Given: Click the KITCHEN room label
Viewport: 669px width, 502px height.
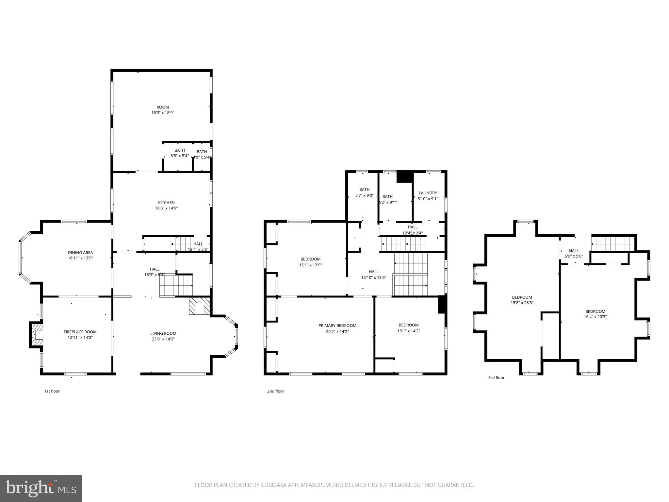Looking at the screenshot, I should pos(166,203).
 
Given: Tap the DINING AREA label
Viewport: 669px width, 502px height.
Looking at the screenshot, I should pos(80,253).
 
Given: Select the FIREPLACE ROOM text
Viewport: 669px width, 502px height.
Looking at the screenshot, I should pos(80,332).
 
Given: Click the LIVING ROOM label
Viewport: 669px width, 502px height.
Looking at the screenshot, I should pos(163,333).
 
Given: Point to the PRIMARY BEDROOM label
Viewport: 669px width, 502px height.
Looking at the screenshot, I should pos(337,326).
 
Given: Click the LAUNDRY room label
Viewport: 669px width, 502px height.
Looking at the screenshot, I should pos(428,193).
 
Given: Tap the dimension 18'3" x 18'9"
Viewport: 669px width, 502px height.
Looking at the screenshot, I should pos(163,113).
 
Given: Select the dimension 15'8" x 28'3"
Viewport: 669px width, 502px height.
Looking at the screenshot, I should pos(522,303).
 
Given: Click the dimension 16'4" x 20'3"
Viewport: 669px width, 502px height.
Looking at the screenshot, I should pos(595,317).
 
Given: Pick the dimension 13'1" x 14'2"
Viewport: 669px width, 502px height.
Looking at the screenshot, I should pos(408,331).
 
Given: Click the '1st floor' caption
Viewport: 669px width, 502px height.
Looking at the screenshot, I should pos(52,391).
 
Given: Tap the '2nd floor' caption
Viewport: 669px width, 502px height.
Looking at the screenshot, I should pos(275,391).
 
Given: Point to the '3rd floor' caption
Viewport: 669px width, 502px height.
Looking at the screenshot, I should pos(496,378).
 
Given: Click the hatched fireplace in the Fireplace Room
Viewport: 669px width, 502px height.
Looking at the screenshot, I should pos(37,335).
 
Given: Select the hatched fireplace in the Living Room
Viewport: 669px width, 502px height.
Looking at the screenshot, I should pos(199,306).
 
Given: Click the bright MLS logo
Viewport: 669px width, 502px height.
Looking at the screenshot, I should pos(41,488).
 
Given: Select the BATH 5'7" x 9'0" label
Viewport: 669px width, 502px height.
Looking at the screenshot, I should pos(364,192).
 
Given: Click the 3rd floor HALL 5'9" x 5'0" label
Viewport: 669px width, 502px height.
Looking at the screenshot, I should pos(574,253).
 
